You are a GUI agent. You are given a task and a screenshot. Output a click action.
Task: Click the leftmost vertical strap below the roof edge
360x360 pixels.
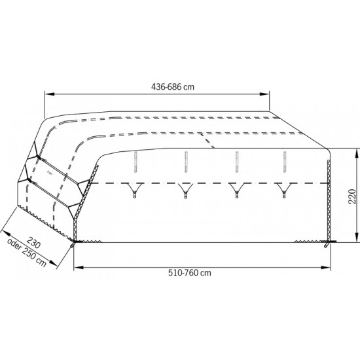(135, 163)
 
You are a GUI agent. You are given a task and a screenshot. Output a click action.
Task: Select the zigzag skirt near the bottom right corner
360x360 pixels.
(308, 240)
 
